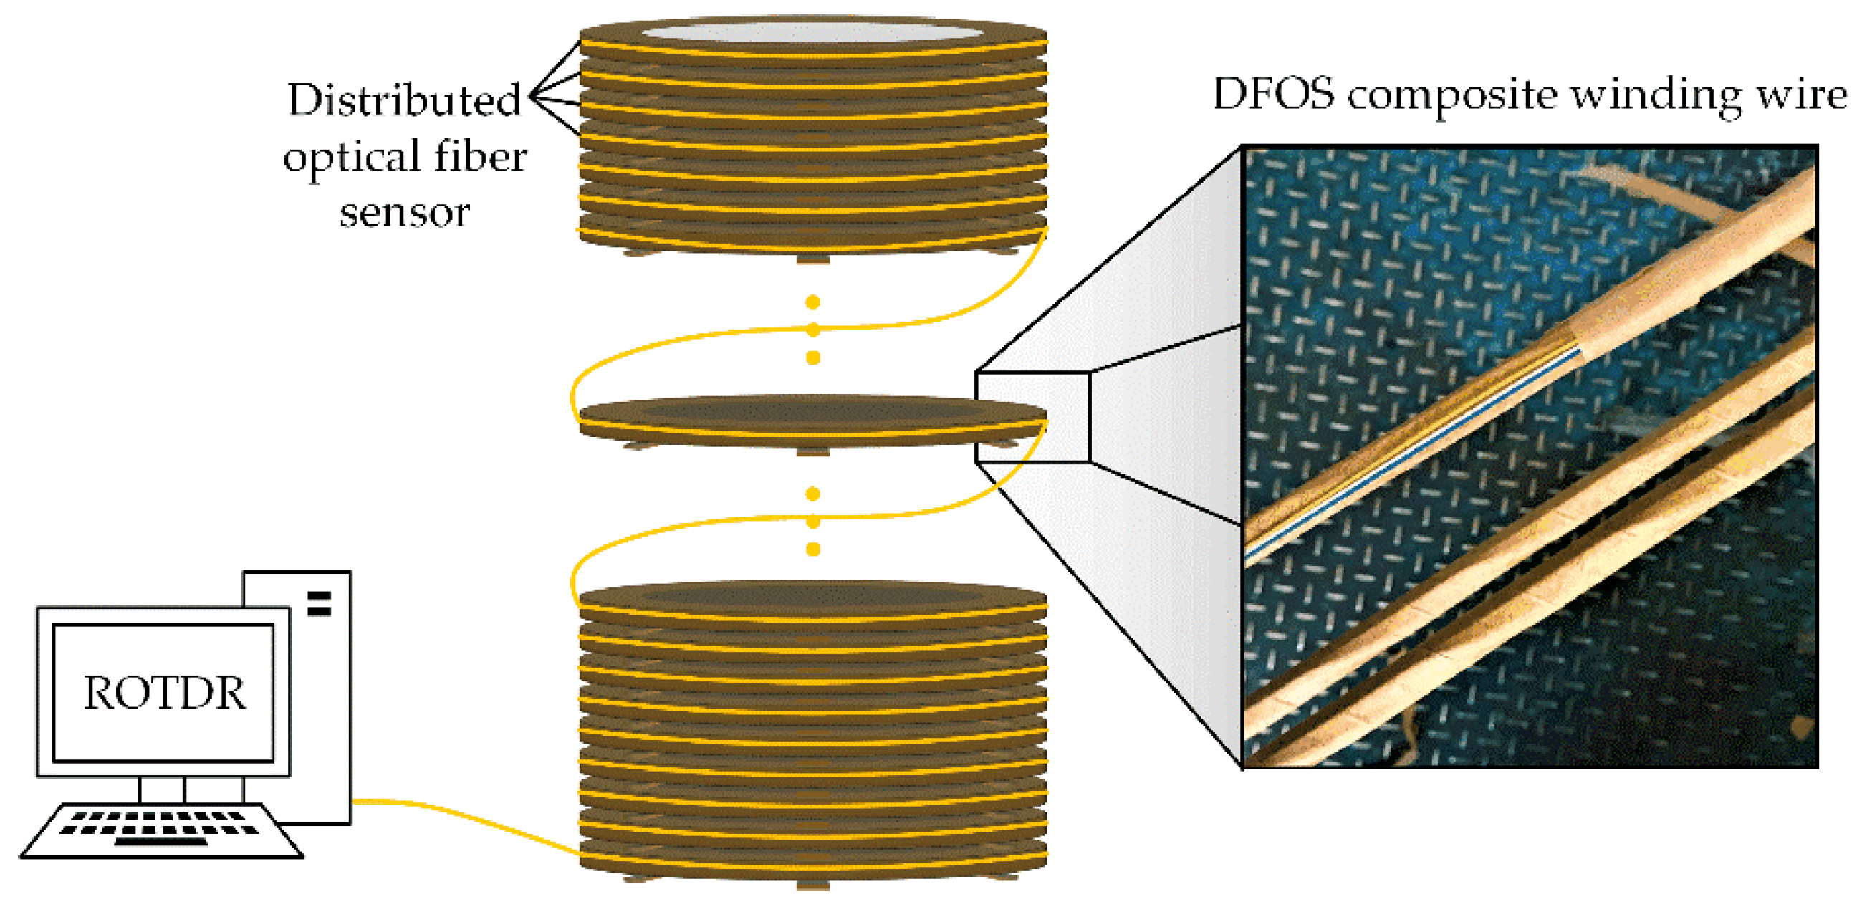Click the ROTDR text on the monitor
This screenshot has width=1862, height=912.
(164, 692)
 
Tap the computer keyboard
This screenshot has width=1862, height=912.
(160, 830)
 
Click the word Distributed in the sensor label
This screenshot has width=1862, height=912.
(403, 100)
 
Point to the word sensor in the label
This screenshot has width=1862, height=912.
(405, 213)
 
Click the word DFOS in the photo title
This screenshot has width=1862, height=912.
(1273, 95)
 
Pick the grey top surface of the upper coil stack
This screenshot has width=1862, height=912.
(812, 32)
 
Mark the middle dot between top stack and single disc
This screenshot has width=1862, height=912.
(812, 330)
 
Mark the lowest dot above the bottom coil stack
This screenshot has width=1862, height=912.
(812, 549)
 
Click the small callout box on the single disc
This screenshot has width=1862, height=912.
(1032, 417)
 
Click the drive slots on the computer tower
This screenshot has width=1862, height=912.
(319, 603)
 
